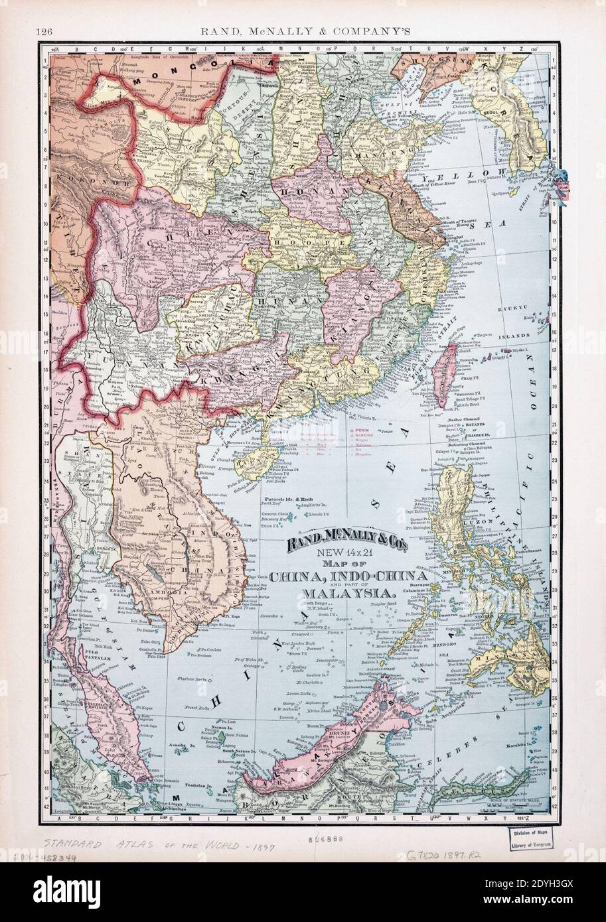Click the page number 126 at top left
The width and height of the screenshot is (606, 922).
(45, 31)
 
